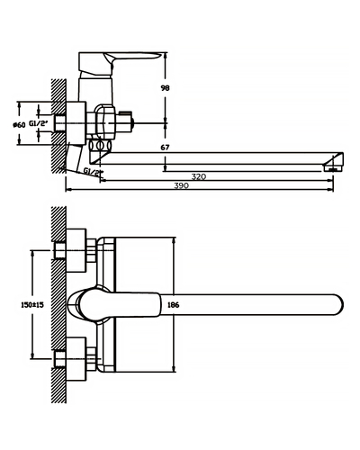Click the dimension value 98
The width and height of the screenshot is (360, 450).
coord(165,88)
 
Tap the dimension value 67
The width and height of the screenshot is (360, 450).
coord(165,148)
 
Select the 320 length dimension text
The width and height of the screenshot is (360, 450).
coord(199,176)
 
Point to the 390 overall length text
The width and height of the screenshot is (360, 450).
coord(182,185)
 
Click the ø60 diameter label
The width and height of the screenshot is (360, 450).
coord(19,125)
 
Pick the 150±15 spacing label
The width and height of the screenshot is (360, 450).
coord(32,305)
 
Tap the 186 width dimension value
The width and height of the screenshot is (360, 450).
coord(173,305)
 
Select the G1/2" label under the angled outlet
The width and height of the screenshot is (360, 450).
coord(94,171)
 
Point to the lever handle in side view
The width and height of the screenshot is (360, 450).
coord(120,63)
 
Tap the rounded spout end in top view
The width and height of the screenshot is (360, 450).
coord(337,305)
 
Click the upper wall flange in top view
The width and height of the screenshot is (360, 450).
coord(76,250)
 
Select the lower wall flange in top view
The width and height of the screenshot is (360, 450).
coord(76,359)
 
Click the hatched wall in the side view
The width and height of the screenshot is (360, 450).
coord(58,126)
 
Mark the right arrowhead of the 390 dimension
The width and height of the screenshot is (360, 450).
coord(330,190)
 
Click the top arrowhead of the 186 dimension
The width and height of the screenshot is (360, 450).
coord(174,241)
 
